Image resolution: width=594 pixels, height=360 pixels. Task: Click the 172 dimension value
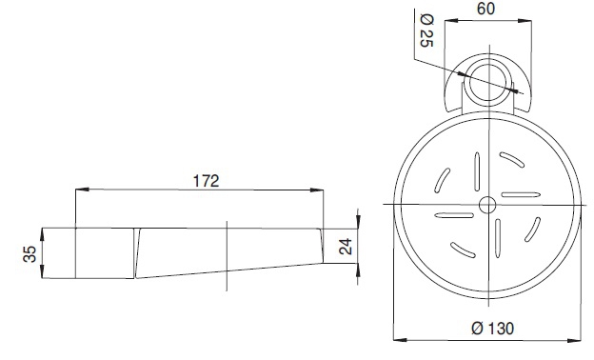point(206,181)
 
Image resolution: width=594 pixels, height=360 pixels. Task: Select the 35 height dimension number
point(30,254)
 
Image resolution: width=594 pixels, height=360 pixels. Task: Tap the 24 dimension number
point(346,247)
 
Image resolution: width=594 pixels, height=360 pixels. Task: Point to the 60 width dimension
point(485,9)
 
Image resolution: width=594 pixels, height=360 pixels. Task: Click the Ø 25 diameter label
point(426,30)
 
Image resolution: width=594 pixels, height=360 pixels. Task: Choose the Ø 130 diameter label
point(493,329)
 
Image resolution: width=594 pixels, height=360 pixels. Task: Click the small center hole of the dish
point(487,205)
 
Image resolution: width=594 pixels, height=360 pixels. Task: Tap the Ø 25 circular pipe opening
point(487,82)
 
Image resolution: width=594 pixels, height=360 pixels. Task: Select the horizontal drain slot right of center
point(521,195)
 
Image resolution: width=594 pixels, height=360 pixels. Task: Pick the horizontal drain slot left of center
point(454,215)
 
